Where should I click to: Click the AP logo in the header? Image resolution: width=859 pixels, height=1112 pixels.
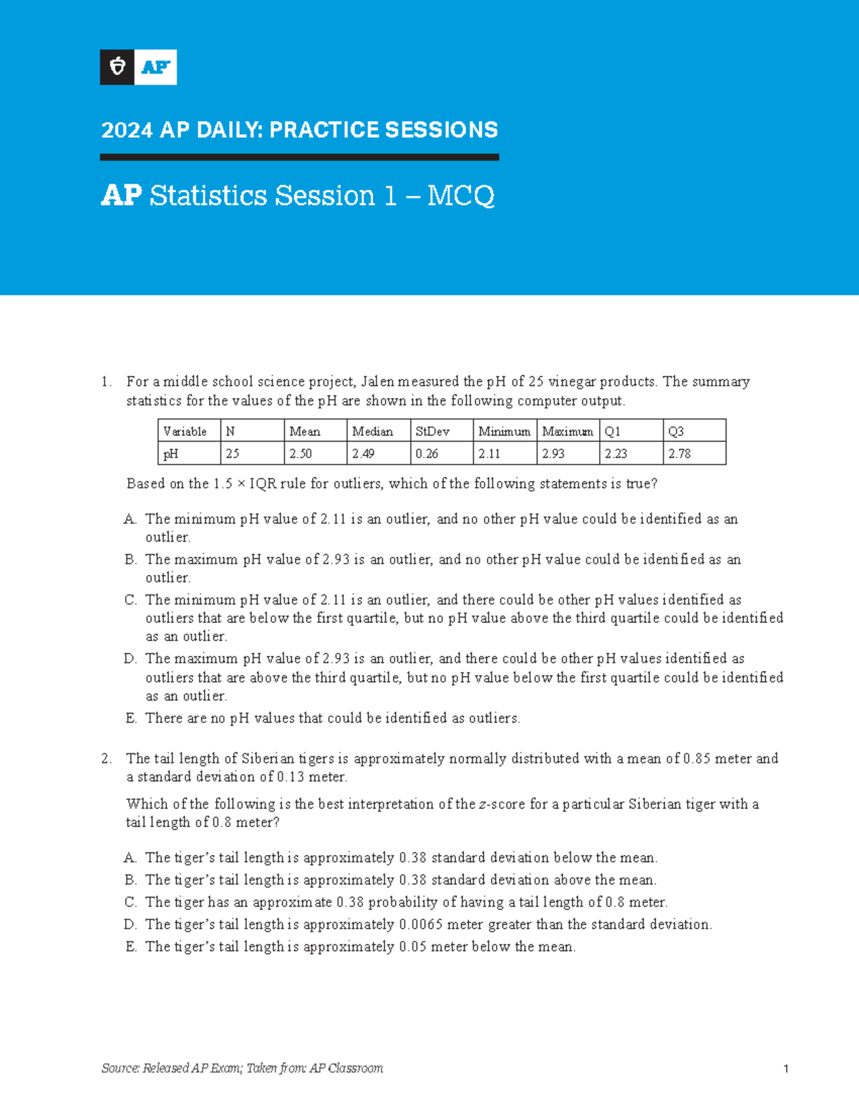click(155, 67)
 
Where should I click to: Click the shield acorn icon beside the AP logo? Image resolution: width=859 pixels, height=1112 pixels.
click(117, 67)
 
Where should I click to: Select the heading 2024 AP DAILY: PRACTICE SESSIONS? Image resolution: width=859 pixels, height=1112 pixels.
click(299, 130)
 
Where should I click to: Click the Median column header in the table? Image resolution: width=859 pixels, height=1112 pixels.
click(372, 431)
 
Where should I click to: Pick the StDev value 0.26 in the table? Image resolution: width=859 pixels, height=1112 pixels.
click(427, 453)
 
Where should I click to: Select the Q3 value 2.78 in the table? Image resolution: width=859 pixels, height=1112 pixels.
click(679, 453)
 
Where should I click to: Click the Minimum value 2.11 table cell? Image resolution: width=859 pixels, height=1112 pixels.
click(490, 453)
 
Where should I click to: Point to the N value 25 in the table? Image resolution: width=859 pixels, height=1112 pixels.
click(233, 453)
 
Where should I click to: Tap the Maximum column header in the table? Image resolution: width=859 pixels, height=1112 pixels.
click(567, 431)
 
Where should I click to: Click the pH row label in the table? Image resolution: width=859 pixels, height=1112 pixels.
click(170, 453)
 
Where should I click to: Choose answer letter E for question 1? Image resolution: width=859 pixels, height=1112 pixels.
click(130, 718)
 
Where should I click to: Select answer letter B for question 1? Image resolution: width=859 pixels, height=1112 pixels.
click(130, 559)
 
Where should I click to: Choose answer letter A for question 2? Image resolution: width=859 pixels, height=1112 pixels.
click(130, 858)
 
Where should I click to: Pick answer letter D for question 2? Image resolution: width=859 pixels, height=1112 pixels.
click(130, 924)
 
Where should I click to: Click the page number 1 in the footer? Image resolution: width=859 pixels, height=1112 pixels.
click(785, 1069)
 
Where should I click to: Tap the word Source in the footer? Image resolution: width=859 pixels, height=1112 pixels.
click(120, 1068)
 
